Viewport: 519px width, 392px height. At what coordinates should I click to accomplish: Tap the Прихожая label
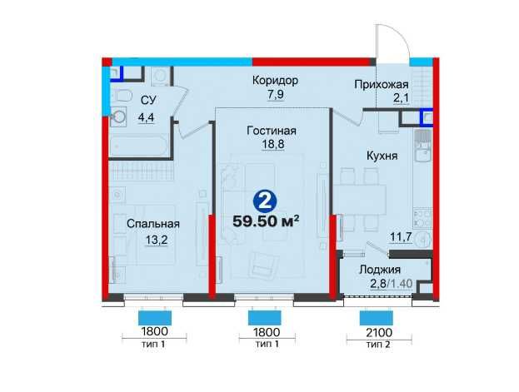coord(380,85)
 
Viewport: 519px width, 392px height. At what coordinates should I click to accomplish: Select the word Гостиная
coord(272,131)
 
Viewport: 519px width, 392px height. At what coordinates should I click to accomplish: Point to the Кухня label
coord(379,156)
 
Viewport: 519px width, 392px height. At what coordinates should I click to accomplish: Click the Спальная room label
coord(153,223)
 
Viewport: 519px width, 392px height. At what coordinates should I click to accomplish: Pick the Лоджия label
coord(379,270)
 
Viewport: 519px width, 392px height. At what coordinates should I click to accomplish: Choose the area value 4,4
coord(145,117)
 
